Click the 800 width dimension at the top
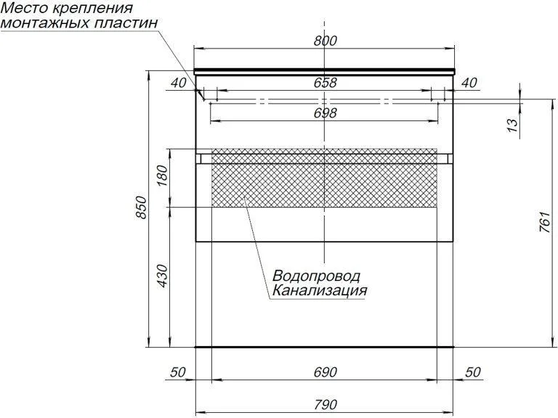(325, 41)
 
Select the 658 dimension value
(325, 83)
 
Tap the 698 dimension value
(325, 113)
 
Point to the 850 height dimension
(141, 208)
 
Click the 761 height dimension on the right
(545, 222)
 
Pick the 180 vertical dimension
(161, 176)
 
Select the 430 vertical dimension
(161, 276)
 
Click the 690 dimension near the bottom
(325, 372)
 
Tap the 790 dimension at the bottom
(325, 404)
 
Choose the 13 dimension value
(511, 125)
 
